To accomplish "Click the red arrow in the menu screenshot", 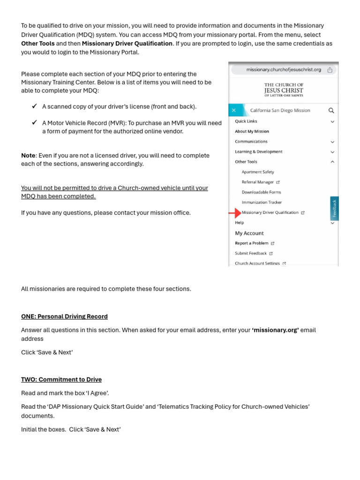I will point(234,213).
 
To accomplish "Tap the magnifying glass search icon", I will point(331,111).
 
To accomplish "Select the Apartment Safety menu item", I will point(258,172).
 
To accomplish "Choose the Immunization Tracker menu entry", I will point(262,202).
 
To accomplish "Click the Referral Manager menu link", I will point(258,182).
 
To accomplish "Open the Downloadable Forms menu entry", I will point(261,192).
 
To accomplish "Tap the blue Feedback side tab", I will point(334,208).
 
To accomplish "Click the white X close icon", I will point(234,111).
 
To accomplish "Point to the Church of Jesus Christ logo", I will point(284,90).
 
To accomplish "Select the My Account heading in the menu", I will point(249,233).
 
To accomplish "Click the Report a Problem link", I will point(252,243).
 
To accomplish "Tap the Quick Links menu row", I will point(246,121).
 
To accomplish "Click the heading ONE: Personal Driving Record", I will point(64,316).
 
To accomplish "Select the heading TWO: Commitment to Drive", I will point(61,380).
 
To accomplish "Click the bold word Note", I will point(28,156).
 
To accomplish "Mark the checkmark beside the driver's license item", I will point(35,106).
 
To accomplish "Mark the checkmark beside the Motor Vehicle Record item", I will point(35,123).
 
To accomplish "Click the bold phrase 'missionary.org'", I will point(275,330).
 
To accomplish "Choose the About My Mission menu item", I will point(252,132).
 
